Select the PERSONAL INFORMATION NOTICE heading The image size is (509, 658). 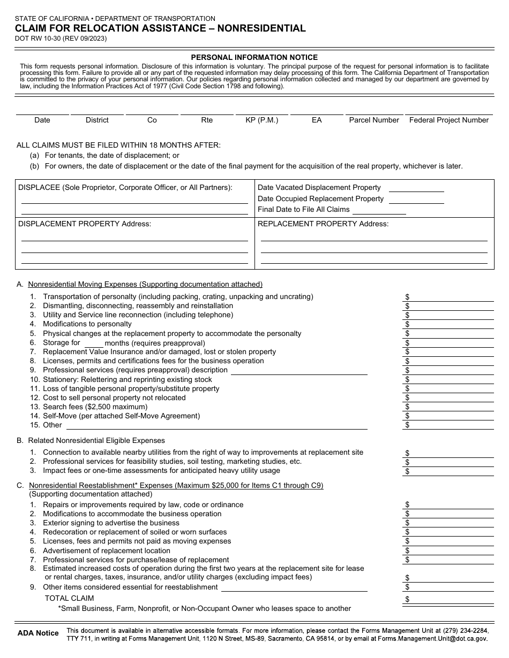click(254, 57)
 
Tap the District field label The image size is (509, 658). click(97, 120)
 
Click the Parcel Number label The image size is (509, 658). click(374, 120)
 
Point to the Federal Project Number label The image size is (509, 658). click(449, 120)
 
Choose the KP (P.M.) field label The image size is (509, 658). click(262, 120)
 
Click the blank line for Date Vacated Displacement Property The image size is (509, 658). click(416, 188)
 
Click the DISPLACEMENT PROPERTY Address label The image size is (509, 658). click(85, 224)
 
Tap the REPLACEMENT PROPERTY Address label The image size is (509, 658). click(323, 224)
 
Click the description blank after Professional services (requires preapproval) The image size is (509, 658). click(299, 371)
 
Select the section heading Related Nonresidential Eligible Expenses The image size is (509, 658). click(96, 441)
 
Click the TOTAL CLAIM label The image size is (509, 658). click(69, 598)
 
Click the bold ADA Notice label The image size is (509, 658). click(38, 633)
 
